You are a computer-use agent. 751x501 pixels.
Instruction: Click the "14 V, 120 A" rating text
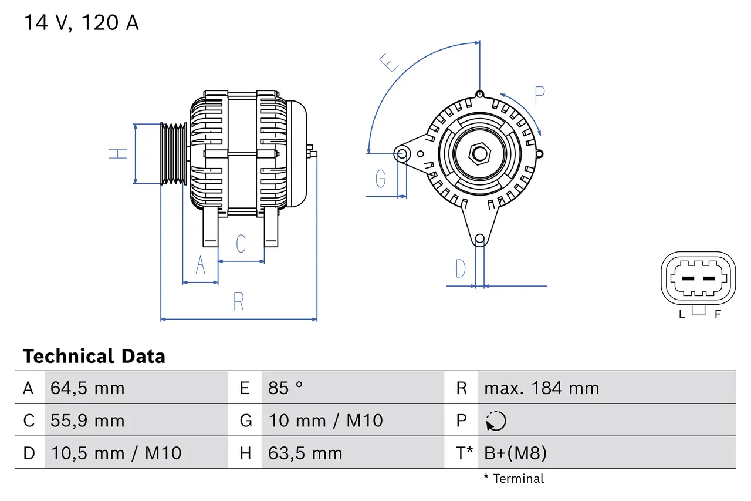pyautogui.click(x=81, y=23)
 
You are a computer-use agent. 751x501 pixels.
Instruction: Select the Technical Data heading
pyautogui.click(x=94, y=357)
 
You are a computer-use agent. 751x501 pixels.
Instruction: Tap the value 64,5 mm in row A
pyautogui.click(x=87, y=388)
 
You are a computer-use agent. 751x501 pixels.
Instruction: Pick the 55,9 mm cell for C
pyautogui.click(x=87, y=421)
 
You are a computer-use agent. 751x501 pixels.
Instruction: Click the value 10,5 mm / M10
pyautogui.click(x=116, y=453)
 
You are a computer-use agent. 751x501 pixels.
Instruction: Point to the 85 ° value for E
pyautogui.click(x=286, y=388)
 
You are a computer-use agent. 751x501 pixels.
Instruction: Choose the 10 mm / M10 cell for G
pyautogui.click(x=326, y=421)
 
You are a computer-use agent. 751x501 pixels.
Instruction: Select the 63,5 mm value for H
pyautogui.click(x=305, y=453)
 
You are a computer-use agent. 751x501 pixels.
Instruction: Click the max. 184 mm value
pyautogui.click(x=542, y=388)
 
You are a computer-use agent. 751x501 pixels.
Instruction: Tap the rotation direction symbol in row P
pyautogui.click(x=496, y=421)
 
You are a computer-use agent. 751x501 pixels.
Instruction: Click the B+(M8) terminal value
pyautogui.click(x=515, y=453)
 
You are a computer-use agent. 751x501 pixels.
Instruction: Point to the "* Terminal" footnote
pyautogui.click(x=514, y=479)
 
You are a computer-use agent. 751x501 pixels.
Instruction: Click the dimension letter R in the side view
pyautogui.click(x=238, y=302)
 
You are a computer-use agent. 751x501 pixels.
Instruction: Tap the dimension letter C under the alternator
pyautogui.click(x=241, y=244)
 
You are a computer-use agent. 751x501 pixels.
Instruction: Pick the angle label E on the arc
pyautogui.click(x=389, y=62)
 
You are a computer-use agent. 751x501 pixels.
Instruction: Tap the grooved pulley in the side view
pyautogui.click(x=174, y=154)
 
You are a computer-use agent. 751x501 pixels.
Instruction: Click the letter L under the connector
pyautogui.click(x=682, y=314)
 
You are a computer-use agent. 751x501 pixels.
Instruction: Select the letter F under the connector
pyautogui.click(x=717, y=314)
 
